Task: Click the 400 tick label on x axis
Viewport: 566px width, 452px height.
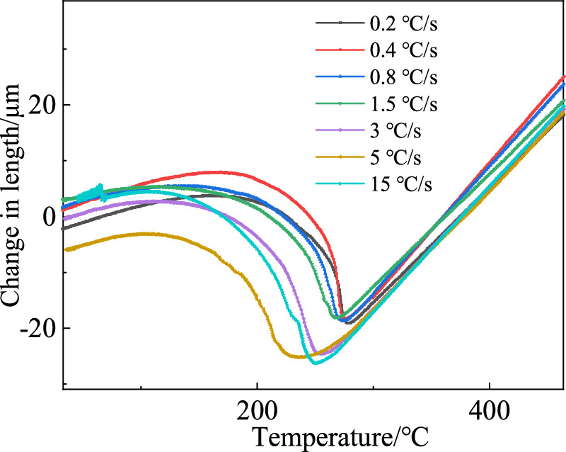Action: click(x=490, y=411)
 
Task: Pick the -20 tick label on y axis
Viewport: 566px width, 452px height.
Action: click(x=39, y=329)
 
